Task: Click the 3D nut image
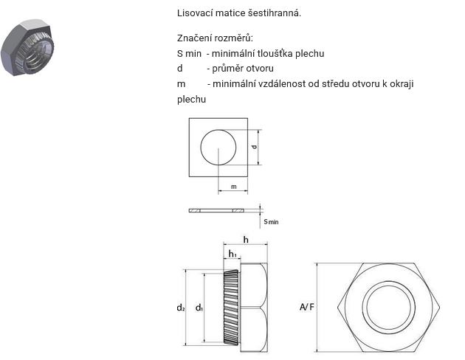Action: pos(27,47)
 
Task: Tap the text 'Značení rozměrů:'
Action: pos(215,38)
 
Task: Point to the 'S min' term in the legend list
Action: pos(189,54)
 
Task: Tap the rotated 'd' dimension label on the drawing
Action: pos(254,147)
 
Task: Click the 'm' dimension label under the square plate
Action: pos(234,187)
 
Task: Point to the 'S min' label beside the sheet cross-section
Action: pos(271,221)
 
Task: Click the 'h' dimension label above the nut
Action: pos(246,240)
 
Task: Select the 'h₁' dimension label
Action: pos(232,254)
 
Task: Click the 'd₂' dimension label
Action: pos(181,308)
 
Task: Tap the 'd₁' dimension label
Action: pos(199,308)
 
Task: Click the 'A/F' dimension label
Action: pos(306,307)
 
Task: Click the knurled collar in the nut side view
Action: pos(231,308)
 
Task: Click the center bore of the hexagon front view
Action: pos(389,308)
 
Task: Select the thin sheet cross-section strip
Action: pos(216,211)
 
